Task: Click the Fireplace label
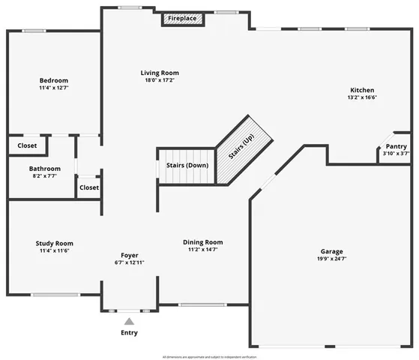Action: pos(182,16)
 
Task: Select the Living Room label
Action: pos(160,73)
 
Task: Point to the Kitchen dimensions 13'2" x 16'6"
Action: pos(361,97)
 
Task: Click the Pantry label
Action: pos(397,146)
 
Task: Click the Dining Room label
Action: pos(203,242)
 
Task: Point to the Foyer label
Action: pos(130,255)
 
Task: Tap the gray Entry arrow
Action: pos(129,322)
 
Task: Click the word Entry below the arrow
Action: pos(129,332)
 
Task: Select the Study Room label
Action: pos(54,243)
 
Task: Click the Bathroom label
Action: pos(45,169)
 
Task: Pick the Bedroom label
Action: pos(54,80)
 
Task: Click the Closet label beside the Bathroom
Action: pos(88,187)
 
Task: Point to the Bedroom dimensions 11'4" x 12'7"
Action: pos(54,88)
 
